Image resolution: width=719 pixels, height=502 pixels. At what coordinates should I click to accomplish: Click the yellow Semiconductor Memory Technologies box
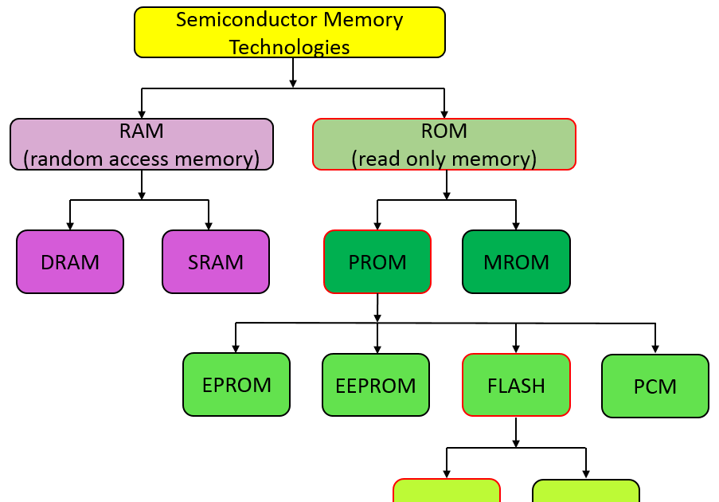coord(289,32)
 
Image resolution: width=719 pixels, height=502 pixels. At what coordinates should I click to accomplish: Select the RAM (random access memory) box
coord(142,144)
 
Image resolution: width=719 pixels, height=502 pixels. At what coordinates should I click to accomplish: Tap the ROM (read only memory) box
coord(444,144)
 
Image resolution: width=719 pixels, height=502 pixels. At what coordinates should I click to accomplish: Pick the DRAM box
coord(70,261)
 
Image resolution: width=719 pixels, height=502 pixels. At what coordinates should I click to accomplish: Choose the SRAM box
coord(216,261)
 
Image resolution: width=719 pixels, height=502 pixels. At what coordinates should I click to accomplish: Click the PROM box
coord(377,261)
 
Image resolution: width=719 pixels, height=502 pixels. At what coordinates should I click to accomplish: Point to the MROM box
coord(516,261)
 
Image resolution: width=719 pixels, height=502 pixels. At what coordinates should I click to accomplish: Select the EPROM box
coord(236,385)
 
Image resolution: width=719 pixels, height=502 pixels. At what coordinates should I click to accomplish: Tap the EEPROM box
coord(376,385)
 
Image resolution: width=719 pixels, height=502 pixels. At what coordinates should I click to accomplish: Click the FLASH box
coord(516,385)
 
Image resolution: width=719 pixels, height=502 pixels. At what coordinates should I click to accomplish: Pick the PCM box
coord(655,386)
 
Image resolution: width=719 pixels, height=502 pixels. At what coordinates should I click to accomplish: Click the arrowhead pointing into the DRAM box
coord(70,226)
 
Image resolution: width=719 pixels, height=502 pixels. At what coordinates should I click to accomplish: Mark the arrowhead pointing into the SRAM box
coord(209,226)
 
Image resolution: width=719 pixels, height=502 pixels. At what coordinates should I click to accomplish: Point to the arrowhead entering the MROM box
coord(516,226)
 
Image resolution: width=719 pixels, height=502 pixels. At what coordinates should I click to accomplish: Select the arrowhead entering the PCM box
coord(655,348)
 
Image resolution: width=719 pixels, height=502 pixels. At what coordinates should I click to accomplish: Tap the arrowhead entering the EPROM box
coord(236,348)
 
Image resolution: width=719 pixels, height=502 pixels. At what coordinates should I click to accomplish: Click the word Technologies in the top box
coord(289,47)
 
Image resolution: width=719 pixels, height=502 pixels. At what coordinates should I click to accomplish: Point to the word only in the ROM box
coord(423,159)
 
